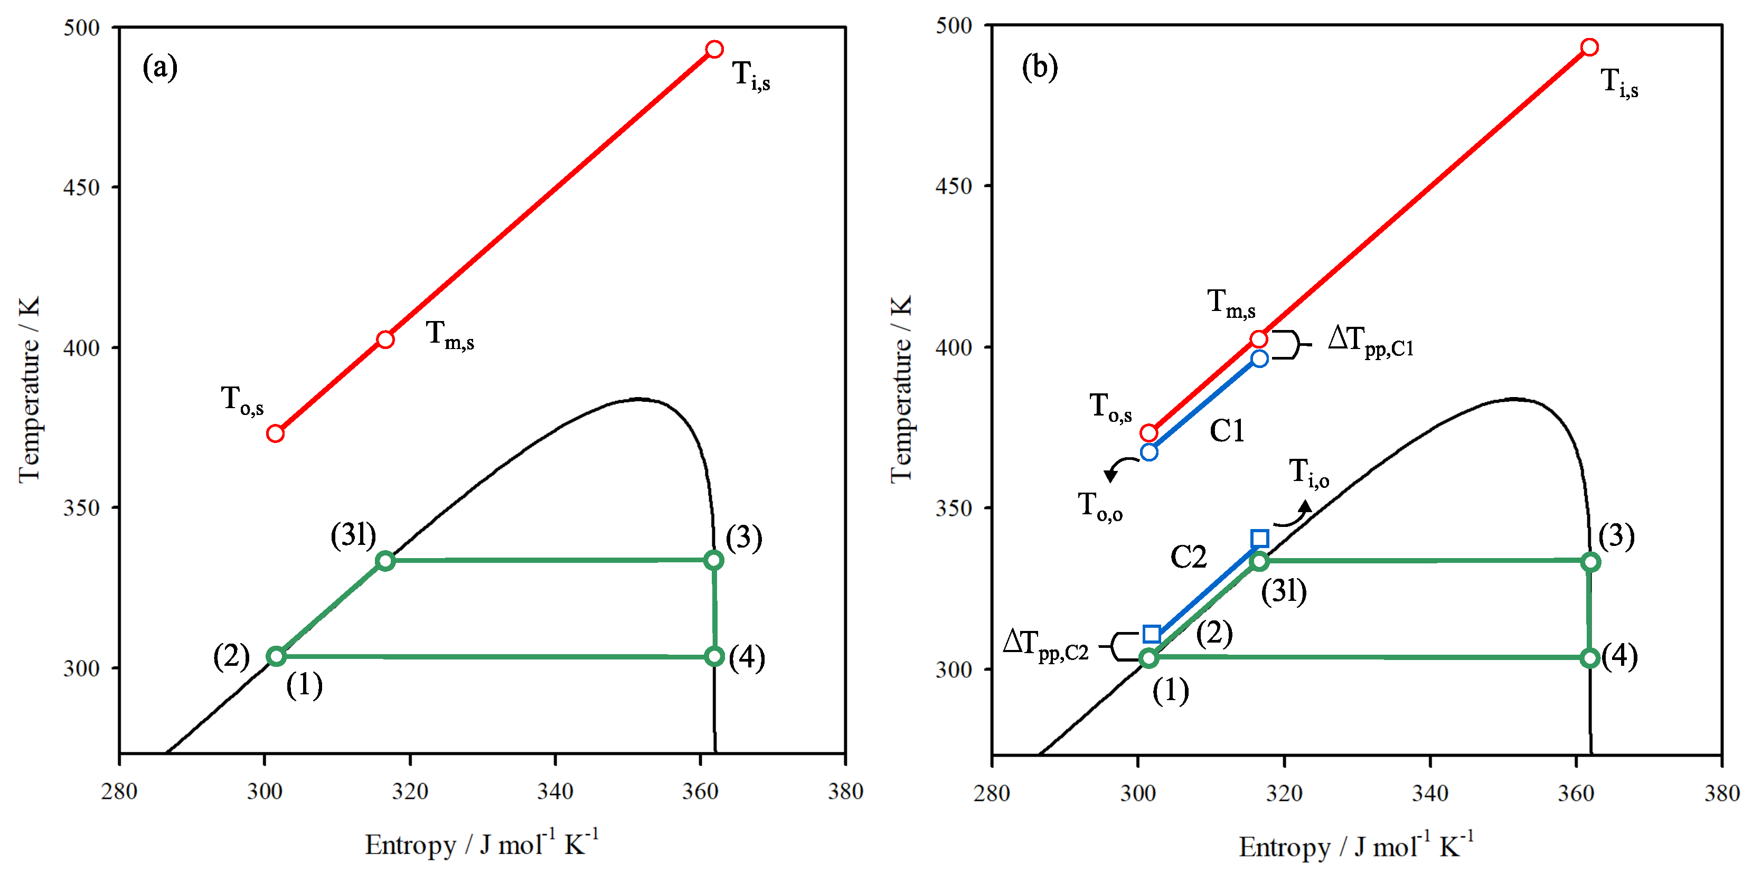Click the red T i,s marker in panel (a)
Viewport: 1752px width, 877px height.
point(714,49)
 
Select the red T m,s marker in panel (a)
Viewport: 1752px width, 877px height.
point(385,340)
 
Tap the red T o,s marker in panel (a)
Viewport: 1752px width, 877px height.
point(275,433)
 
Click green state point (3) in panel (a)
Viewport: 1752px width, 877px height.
point(713,560)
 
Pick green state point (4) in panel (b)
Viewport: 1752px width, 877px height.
point(1590,658)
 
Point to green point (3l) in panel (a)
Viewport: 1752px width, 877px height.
point(385,561)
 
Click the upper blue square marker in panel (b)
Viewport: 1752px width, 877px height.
point(1259,539)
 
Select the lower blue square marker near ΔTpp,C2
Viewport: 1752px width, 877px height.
point(1152,634)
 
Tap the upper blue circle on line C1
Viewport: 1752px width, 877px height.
point(1259,359)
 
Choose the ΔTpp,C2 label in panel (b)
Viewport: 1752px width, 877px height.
point(1046,645)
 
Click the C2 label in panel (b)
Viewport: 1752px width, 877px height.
point(1188,558)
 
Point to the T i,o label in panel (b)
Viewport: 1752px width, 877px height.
point(1308,473)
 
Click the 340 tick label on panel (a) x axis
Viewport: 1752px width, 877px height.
point(555,791)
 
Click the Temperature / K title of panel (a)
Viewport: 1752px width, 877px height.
point(29,389)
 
